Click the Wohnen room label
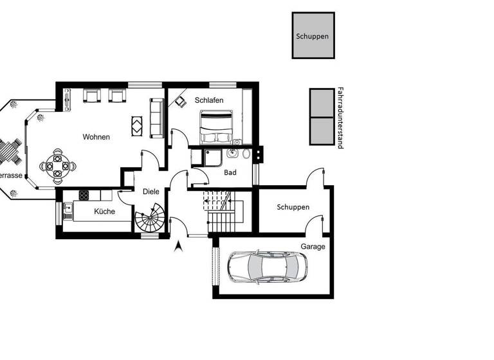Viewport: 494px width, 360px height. (96, 137)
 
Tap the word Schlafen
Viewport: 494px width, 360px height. (209, 100)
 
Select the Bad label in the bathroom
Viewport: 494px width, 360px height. (230, 172)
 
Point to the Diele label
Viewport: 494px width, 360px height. (151, 192)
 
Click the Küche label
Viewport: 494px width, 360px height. (104, 211)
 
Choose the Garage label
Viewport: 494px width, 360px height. (313, 246)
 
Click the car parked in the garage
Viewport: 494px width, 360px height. (268, 266)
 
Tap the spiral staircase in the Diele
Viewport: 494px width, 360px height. (151, 220)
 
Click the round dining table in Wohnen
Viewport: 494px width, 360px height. (58, 165)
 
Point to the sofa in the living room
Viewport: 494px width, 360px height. (156, 118)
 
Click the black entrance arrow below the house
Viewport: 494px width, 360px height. (179, 245)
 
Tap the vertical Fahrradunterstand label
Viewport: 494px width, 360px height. (340, 118)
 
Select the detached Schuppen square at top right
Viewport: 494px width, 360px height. (313, 36)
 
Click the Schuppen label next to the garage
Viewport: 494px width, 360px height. (293, 207)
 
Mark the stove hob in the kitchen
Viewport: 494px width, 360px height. (84, 195)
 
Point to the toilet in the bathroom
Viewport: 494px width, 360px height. (246, 154)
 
